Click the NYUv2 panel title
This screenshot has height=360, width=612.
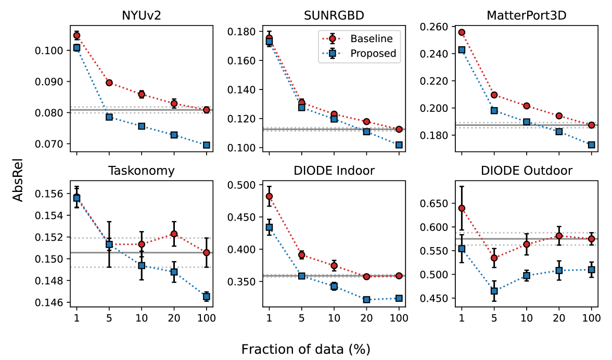click(x=142, y=15)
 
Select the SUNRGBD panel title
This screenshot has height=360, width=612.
click(x=334, y=15)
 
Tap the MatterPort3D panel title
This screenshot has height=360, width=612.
click(x=526, y=15)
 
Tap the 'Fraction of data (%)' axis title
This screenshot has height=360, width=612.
click(x=305, y=348)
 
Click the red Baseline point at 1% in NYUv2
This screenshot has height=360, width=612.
click(x=76, y=36)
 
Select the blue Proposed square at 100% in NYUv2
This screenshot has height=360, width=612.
click(x=207, y=145)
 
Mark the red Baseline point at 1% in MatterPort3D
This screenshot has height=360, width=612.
click(x=461, y=32)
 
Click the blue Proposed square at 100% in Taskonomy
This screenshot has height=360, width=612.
click(x=207, y=297)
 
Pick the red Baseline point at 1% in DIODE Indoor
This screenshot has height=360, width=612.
click(x=269, y=197)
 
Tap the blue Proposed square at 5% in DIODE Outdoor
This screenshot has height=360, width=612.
click(x=493, y=291)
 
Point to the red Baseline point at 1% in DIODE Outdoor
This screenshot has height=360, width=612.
click(x=461, y=209)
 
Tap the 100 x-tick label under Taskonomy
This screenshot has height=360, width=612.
click(x=207, y=317)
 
